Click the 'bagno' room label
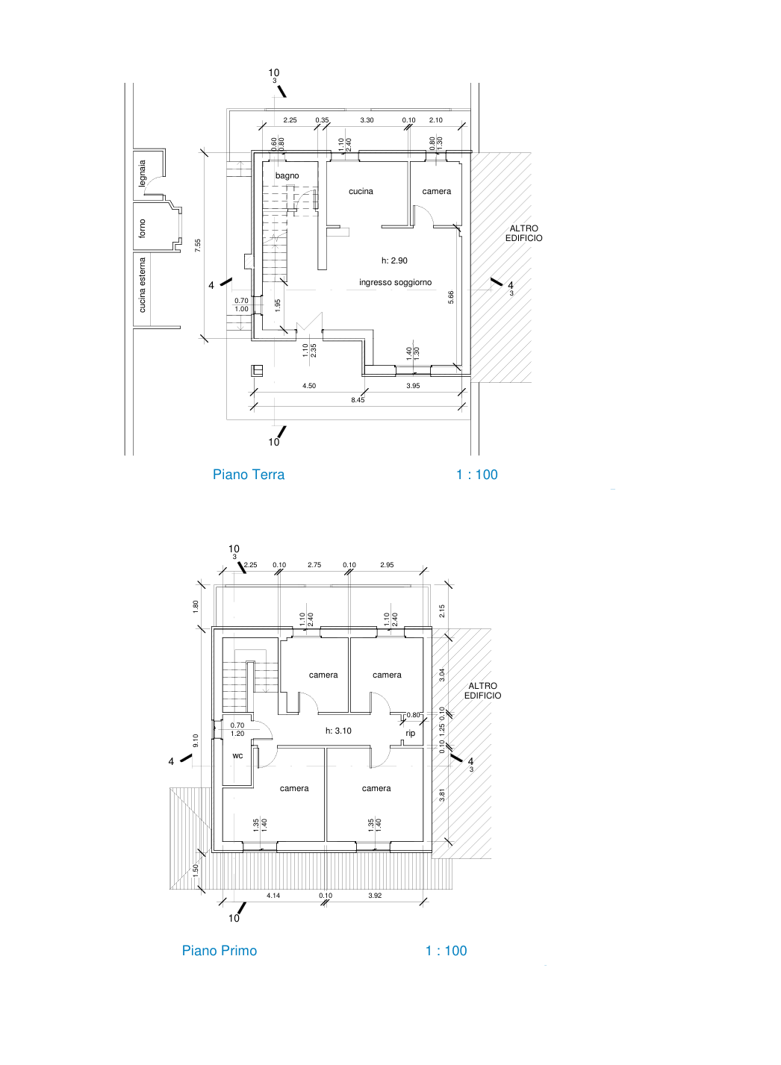(x=287, y=176)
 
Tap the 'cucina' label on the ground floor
(x=361, y=191)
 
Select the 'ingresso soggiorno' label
(x=395, y=282)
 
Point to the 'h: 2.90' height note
(x=394, y=260)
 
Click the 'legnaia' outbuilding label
(x=142, y=174)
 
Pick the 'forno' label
(x=142, y=228)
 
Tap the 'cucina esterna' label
(x=142, y=285)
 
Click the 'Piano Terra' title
(x=249, y=475)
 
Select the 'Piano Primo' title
(x=220, y=950)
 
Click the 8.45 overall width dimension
(x=358, y=400)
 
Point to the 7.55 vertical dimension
(x=198, y=246)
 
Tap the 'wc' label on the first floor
(x=237, y=755)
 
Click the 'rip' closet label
(x=410, y=733)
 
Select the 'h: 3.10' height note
(x=338, y=731)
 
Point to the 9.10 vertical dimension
(x=196, y=741)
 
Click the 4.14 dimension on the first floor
(x=273, y=896)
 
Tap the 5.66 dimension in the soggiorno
(x=450, y=297)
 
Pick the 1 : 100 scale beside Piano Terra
(x=476, y=475)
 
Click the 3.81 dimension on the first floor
(x=441, y=796)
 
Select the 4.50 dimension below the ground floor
(x=308, y=386)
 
